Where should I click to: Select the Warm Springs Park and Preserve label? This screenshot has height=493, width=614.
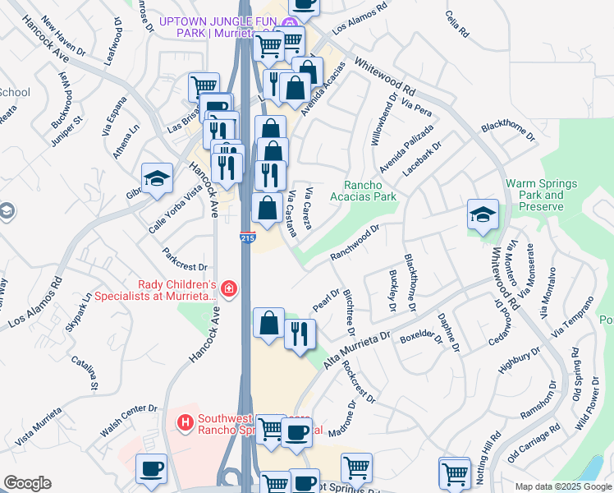pyautogui.click(x=542, y=195)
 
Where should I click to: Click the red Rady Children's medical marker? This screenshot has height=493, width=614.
pyautogui.click(x=228, y=289)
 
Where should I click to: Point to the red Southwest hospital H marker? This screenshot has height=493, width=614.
pyautogui.click(x=186, y=423)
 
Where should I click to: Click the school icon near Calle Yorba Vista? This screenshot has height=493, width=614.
pyautogui.click(x=156, y=178)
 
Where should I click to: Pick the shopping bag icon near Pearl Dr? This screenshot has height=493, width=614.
pyautogui.click(x=268, y=322)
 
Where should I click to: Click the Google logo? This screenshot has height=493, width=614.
pyautogui.click(x=27, y=483)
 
